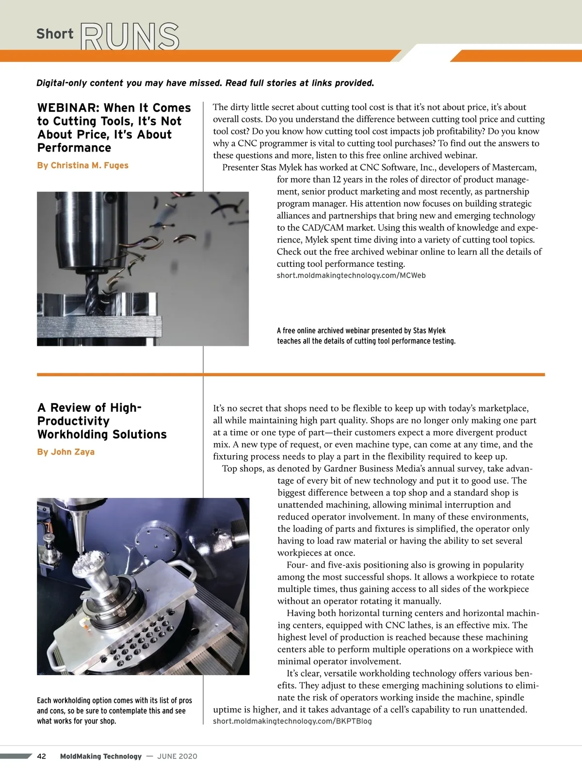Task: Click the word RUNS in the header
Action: tap(130, 36)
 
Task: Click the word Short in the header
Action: tap(55, 34)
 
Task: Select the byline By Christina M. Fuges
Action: tap(82, 165)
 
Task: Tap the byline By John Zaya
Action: tap(65, 452)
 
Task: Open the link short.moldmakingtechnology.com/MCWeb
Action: tap(351, 275)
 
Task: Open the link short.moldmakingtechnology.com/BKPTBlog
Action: tap(292, 721)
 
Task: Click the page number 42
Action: tap(42, 756)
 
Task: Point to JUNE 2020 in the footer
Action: tap(178, 756)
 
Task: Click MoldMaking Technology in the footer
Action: tap(101, 756)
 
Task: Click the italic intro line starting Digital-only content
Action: tap(205, 83)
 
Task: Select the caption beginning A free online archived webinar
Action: tap(366, 336)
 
